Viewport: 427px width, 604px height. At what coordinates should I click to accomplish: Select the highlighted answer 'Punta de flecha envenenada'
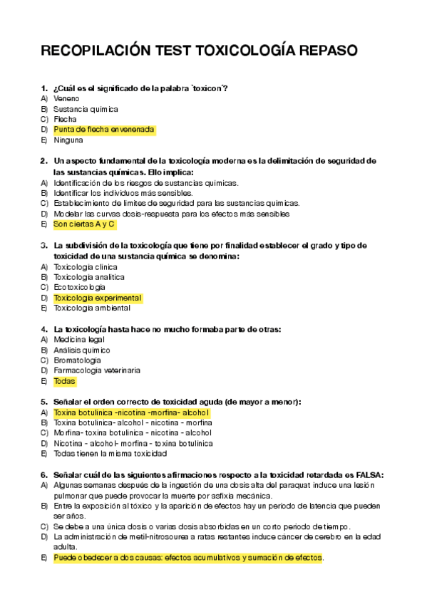[x=104, y=130]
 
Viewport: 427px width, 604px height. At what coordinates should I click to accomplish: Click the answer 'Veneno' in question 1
[x=66, y=98]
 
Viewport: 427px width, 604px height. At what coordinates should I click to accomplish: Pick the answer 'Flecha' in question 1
[x=65, y=120]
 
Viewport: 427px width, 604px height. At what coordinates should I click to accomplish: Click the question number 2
[x=43, y=161]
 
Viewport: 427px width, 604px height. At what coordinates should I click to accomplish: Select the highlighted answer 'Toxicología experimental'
[x=98, y=298]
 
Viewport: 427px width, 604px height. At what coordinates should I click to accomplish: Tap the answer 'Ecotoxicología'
[x=79, y=287]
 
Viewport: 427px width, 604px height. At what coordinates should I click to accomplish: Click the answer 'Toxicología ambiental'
[x=92, y=308]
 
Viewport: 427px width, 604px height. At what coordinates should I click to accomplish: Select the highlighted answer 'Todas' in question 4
[x=64, y=381]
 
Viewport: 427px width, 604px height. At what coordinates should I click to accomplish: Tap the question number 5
[x=43, y=402]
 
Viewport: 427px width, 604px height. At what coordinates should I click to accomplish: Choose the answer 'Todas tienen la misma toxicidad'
[x=110, y=453]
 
